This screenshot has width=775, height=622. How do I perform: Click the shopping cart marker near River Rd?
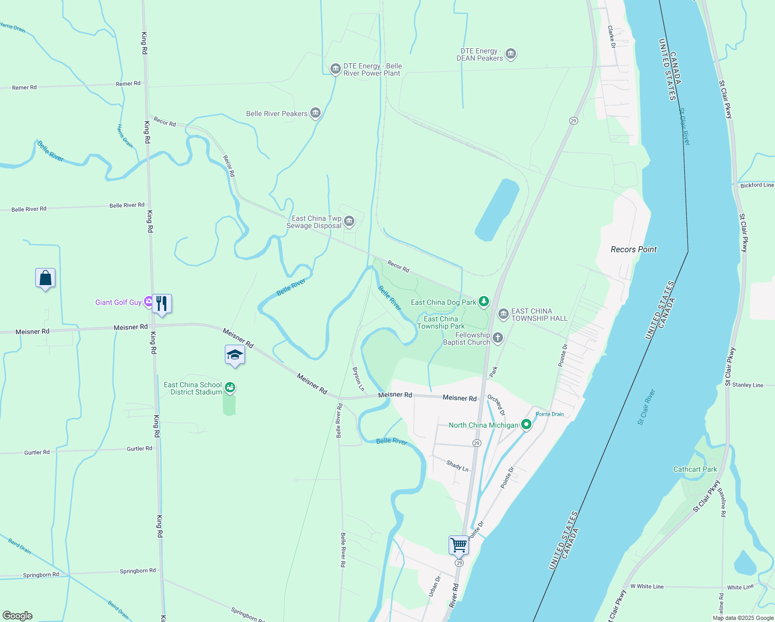coord(458,545)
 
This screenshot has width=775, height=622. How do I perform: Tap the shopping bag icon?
coord(45,278)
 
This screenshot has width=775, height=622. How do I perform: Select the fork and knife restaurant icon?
coord(162,304)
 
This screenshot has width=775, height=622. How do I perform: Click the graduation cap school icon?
coord(235,355)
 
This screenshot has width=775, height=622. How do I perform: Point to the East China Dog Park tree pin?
coord(483,302)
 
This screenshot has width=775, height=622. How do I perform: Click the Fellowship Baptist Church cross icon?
coord(497,338)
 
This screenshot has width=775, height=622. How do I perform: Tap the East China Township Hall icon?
coord(503,315)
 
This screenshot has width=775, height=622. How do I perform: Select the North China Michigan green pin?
coord(526,425)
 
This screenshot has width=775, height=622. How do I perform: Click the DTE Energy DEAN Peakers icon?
coord(511,54)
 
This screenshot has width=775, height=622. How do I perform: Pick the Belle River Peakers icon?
coord(315,114)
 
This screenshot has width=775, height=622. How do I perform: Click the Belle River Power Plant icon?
coord(335,69)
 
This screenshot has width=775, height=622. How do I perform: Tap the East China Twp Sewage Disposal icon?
coord(349,222)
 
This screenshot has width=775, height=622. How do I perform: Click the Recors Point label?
coord(634,249)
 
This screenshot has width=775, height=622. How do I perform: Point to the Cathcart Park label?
coord(695,469)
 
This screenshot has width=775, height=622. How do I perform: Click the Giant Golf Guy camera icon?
coord(149,302)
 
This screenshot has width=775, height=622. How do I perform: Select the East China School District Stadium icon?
coord(230,388)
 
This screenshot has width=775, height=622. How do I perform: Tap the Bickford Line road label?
coord(757,185)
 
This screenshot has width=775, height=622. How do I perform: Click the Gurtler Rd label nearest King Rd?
coord(139,449)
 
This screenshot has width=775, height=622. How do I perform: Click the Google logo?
coord(18,615)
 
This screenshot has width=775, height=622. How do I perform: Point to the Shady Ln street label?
coord(457,465)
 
